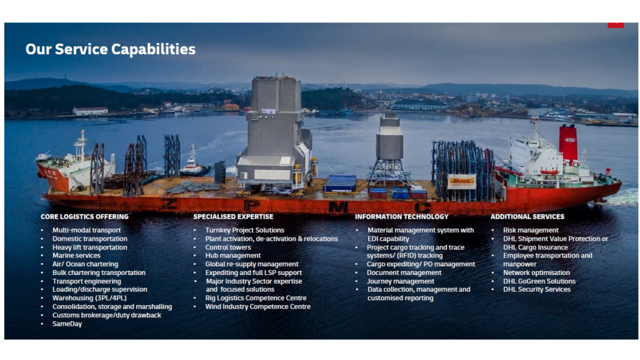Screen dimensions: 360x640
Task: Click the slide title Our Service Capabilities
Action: click(x=110, y=49)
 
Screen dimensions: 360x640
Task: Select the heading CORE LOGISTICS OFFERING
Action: click(x=84, y=217)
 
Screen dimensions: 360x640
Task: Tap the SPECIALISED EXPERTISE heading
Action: click(x=233, y=217)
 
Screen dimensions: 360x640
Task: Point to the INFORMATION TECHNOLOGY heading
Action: click(x=401, y=217)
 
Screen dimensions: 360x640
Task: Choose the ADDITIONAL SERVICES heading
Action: click(x=527, y=217)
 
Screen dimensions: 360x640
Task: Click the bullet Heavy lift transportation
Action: click(x=89, y=247)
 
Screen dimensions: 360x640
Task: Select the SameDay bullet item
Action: click(x=67, y=324)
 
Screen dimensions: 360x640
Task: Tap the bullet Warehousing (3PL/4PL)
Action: click(x=89, y=298)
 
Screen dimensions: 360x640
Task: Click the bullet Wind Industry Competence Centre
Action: click(x=257, y=307)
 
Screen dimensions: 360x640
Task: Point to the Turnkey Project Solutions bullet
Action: click(x=244, y=231)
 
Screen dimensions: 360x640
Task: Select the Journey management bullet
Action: click(x=401, y=281)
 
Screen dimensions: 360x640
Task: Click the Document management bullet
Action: click(x=404, y=272)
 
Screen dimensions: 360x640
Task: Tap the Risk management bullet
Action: click(x=531, y=231)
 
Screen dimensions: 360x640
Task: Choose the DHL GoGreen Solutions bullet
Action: click(x=539, y=281)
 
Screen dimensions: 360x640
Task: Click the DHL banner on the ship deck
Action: click(x=461, y=181)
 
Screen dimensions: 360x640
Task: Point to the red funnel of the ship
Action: click(x=568, y=143)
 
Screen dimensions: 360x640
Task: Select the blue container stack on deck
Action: click(x=340, y=183)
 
